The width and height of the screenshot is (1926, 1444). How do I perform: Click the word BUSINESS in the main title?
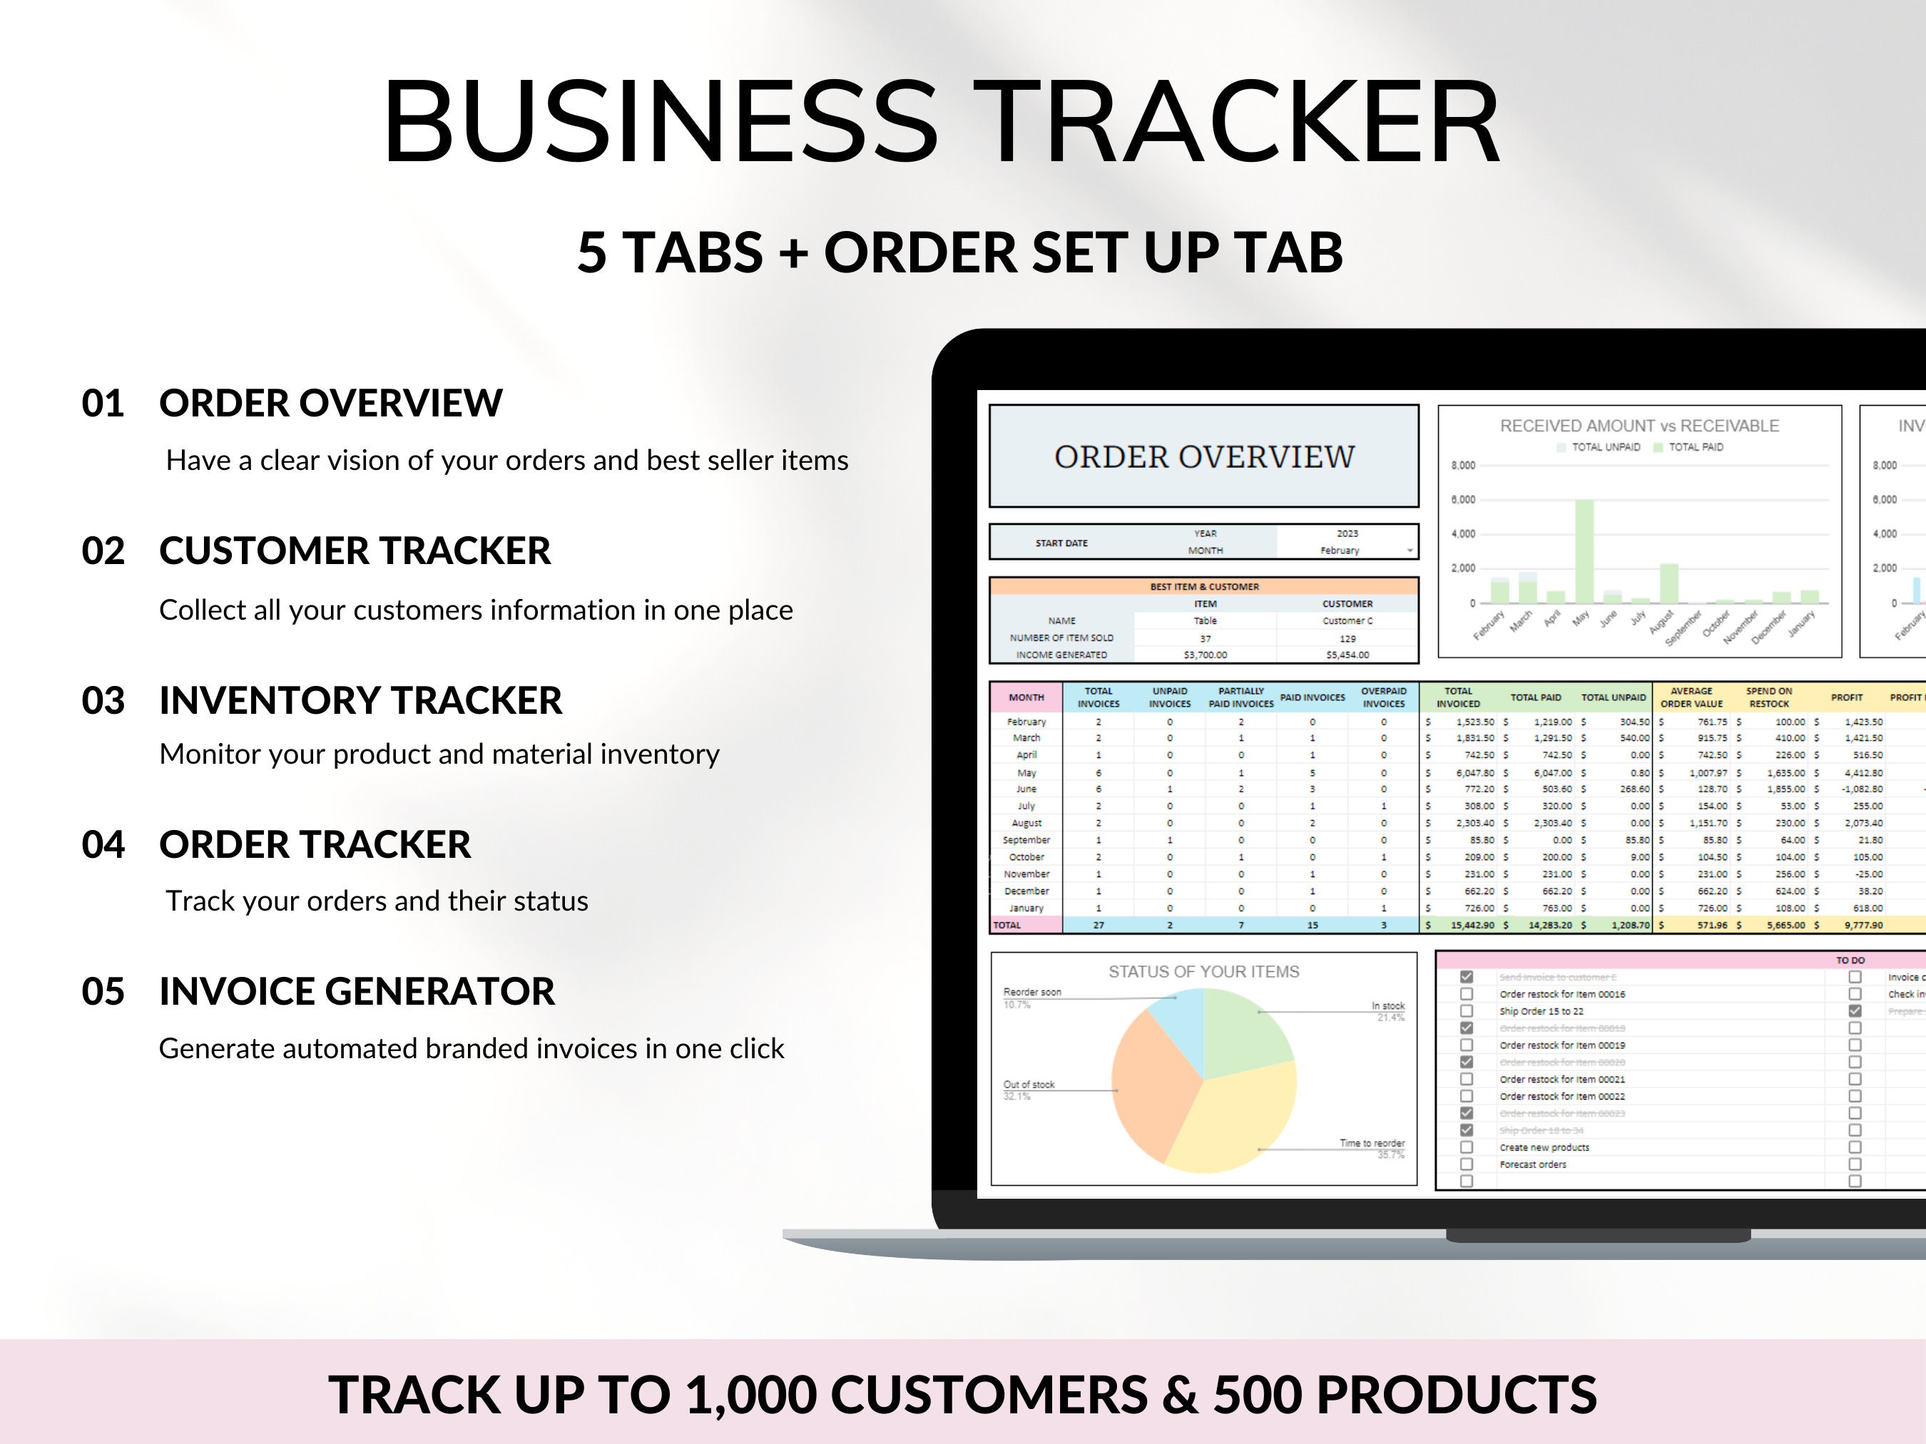pyautogui.click(x=659, y=122)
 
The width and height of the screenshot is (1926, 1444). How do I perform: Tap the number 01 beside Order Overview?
pyautogui.click(x=103, y=404)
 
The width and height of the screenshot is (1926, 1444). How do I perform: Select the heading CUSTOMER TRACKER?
pyautogui.click(x=355, y=551)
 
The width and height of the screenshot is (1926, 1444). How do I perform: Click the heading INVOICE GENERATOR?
pyautogui.click(x=356, y=991)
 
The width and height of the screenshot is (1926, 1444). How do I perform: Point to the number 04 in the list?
pyautogui.click(x=103, y=845)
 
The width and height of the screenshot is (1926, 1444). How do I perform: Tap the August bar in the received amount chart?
pyautogui.click(x=1668, y=583)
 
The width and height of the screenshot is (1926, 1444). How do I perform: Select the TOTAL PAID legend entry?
pyautogui.click(x=1694, y=447)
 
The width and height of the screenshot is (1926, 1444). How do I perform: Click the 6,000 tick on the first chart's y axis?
pyautogui.click(x=1463, y=500)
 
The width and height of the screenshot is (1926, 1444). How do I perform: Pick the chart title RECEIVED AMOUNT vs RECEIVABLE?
pyautogui.click(x=1639, y=426)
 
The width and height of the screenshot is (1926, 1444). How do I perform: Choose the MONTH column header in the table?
pyautogui.click(x=1026, y=697)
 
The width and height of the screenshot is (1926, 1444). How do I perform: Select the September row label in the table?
pyautogui.click(x=1026, y=840)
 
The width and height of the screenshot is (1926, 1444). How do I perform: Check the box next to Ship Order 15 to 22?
pyautogui.click(x=1467, y=1011)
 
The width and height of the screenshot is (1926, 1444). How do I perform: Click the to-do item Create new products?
pyautogui.click(x=1544, y=1147)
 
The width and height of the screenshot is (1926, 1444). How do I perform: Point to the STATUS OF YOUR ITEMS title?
pyautogui.click(x=1203, y=971)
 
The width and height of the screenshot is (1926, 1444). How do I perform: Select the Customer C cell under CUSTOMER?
pyautogui.click(x=1347, y=620)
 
